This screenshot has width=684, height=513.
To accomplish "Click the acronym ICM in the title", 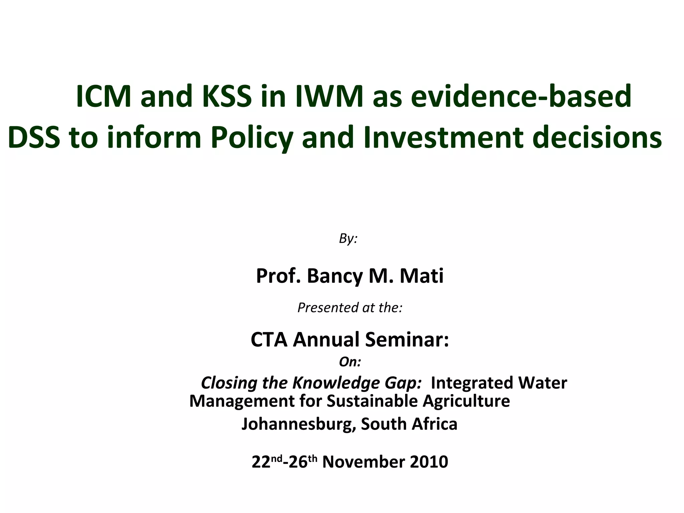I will [x=104, y=97].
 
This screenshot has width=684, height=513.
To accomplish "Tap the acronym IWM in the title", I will [x=329, y=97].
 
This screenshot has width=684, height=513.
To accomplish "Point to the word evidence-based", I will [x=521, y=97].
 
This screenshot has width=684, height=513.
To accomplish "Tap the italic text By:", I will [x=348, y=238].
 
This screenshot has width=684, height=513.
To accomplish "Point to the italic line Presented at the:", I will [x=350, y=308].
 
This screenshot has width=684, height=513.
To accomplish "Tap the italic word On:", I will [x=350, y=362].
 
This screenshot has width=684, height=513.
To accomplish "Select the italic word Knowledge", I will [x=336, y=383].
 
